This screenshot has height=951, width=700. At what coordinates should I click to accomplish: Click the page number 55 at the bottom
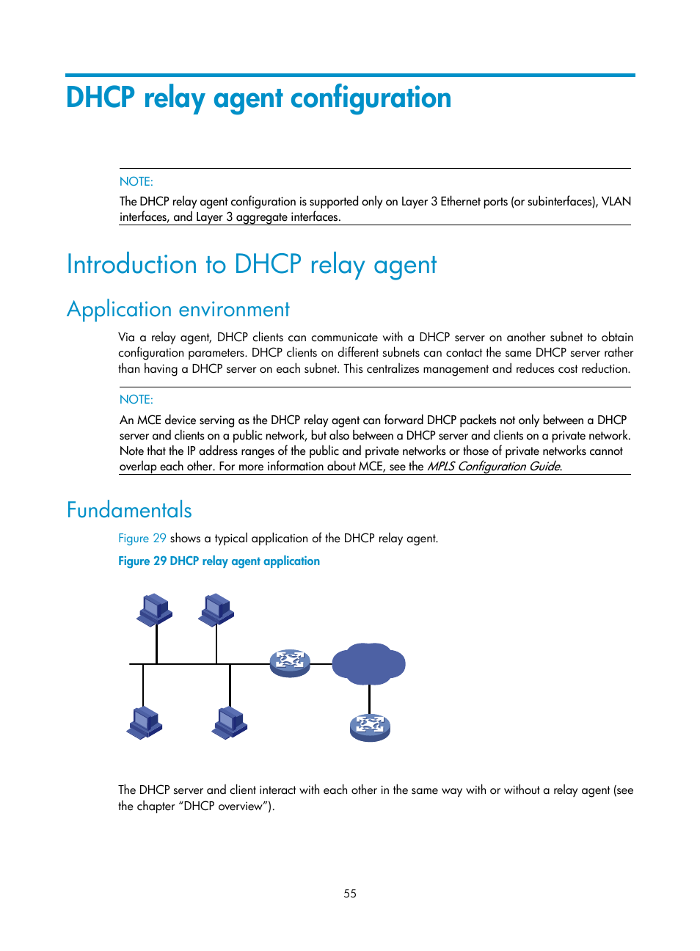pyautogui.click(x=350, y=893)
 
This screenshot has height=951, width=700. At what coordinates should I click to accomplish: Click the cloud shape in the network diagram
pyautogui.click(x=368, y=663)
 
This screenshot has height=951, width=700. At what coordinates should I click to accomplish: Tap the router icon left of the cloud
pyautogui.click(x=290, y=663)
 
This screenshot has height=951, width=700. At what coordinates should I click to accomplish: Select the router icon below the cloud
pyautogui.click(x=370, y=727)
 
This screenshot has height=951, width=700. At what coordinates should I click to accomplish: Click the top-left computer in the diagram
pyautogui.click(x=154, y=610)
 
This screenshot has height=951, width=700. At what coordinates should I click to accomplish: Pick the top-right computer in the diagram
pyautogui.click(x=216, y=610)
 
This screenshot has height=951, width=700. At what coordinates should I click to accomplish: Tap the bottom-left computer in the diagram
pyautogui.click(x=144, y=722)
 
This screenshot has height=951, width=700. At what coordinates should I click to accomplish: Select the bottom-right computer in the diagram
pyautogui.click(x=230, y=722)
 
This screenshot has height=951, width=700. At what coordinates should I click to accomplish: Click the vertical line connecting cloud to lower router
pyautogui.click(x=369, y=699)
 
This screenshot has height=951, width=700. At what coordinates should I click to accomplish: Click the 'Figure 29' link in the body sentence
pyautogui.click(x=142, y=538)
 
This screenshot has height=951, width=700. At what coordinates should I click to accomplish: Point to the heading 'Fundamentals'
pyautogui.click(x=129, y=510)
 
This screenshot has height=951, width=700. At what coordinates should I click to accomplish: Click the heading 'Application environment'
pyautogui.click(x=178, y=309)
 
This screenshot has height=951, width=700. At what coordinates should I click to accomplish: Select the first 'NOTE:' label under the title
pyautogui.click(x=136, y=181)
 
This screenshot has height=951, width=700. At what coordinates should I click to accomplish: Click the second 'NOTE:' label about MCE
pyautogui.click(x=136, y=399)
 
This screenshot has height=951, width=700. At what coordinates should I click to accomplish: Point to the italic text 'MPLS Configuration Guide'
pyautogui.click(x=493, y=466)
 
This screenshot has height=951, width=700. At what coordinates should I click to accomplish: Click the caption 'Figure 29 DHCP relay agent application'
pyautogui.click(x=219, y=561)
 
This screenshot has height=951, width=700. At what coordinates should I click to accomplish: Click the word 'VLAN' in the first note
pyautogui.click(x=616, y=201)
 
